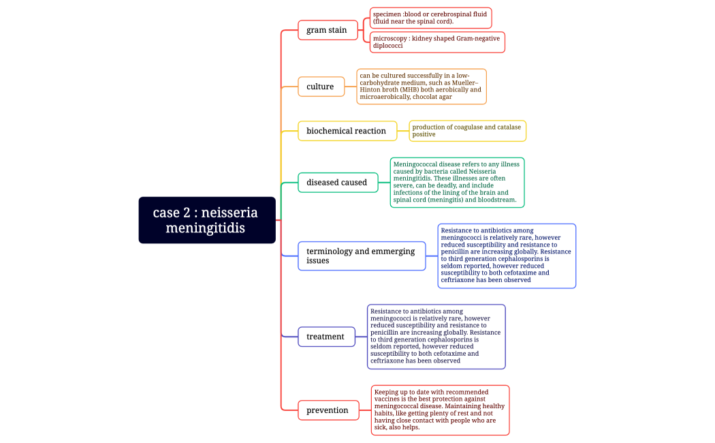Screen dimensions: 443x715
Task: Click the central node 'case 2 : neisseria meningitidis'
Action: point(207,220)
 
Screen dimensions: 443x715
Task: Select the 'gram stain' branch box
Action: point(328,30)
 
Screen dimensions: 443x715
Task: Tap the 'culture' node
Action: point(321,87)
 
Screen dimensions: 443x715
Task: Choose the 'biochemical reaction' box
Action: point(347,131)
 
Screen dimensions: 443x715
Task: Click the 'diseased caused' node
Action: point(338,183)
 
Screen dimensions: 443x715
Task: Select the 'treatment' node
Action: point(326,337)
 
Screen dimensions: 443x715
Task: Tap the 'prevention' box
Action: point(328,410)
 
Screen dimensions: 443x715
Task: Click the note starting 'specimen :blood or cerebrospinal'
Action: point(430,18)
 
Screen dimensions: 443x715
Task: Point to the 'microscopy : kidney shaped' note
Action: point(437,42)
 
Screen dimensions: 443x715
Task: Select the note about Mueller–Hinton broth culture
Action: point(421,87)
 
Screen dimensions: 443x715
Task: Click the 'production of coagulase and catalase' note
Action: point(467,131)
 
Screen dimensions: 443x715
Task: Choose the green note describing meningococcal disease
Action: point(457,183)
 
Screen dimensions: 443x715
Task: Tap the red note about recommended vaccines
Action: point(440,410)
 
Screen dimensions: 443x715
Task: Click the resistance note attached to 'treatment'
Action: point(436,337)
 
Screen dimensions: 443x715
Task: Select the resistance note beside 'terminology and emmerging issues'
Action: point(507,256)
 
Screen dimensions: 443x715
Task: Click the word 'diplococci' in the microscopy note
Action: point(388,46)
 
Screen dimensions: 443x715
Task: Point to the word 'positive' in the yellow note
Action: point(424,135)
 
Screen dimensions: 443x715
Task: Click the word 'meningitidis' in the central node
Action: point(205,228)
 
